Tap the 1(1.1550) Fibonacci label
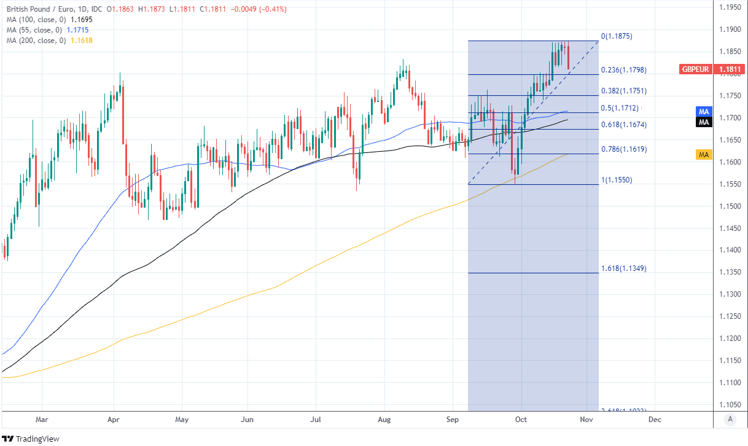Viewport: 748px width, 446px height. [617, 180]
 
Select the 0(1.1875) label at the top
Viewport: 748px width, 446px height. [617, 36]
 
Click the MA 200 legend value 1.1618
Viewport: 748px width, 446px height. [81, 41]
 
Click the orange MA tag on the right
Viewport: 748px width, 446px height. [704, 155]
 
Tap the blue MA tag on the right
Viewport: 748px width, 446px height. [704, 111]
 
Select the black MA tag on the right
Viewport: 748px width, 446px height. [704, 122]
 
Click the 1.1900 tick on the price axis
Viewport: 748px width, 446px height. [730, 29]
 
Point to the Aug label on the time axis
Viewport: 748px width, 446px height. [384, 420]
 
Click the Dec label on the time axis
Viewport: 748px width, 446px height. [655, 420]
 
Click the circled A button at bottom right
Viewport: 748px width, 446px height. [730, 419]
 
